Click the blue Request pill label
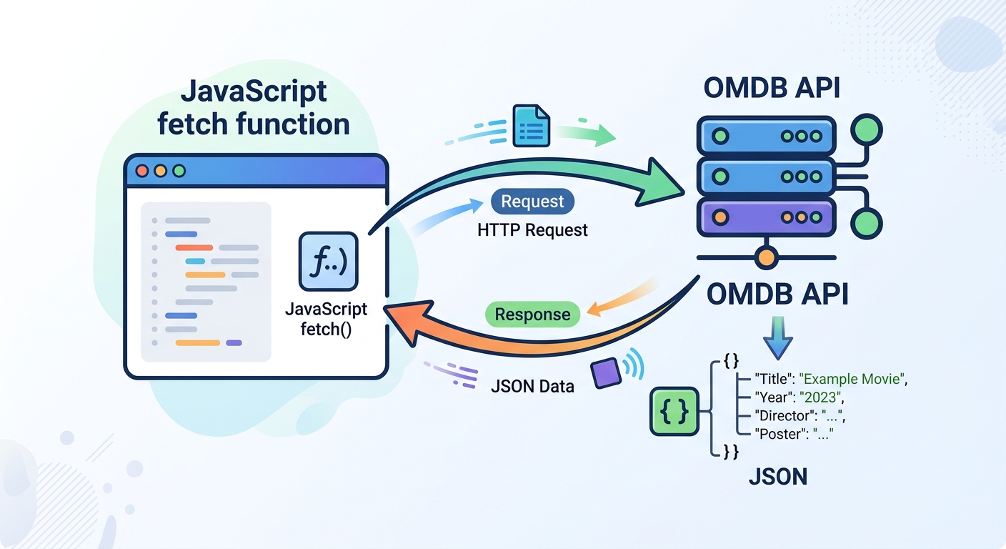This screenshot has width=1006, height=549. tap(532, 202)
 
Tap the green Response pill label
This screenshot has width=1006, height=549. tap(532, 315)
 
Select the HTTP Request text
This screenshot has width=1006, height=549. tap(532, 229)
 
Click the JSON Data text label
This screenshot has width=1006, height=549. tap(532, 387)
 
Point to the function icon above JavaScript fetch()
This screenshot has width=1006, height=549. tap(328, 261)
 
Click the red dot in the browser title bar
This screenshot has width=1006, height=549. tap(141, 171)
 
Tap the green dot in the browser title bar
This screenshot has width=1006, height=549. tap(179, 171)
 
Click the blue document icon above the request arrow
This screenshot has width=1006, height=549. tap(532, 126)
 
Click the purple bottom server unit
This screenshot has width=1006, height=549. tap(766, 215)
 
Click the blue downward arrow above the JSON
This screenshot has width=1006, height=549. tap(777, 340)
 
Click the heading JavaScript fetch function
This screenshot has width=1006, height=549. tap(254, 107)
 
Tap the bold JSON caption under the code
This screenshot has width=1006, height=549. tap(777, 475)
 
